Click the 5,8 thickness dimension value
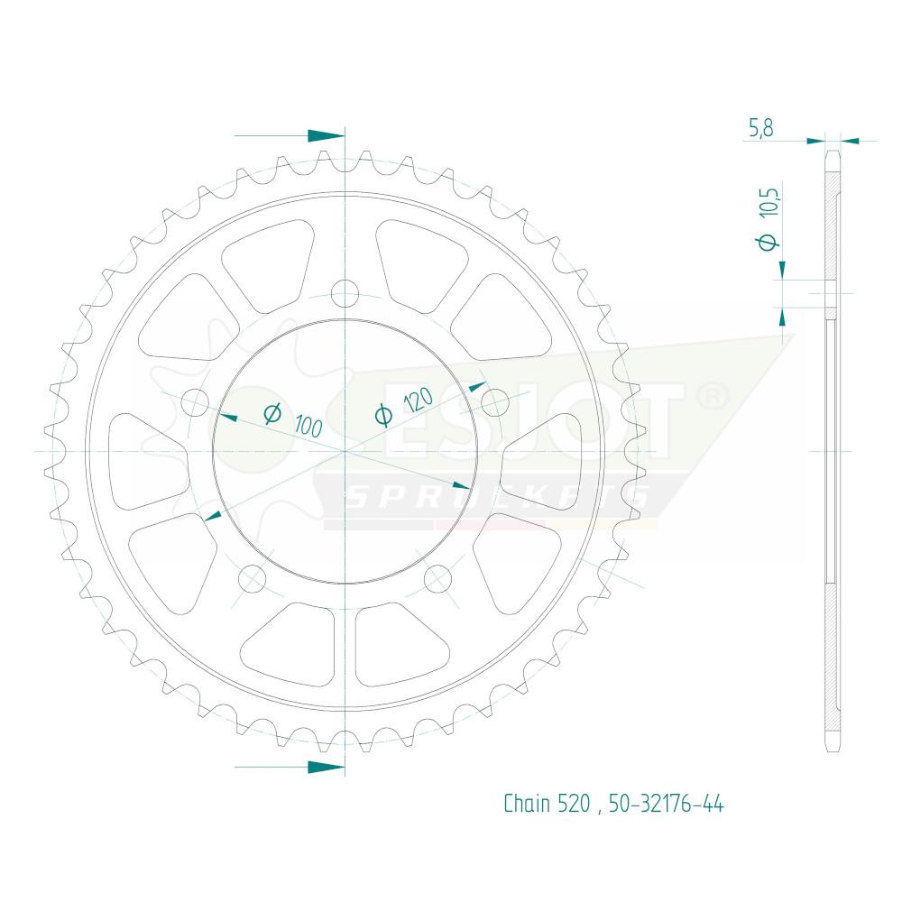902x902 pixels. (760, 128)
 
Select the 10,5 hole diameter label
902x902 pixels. (769, 202)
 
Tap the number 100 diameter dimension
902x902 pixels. (308, 427)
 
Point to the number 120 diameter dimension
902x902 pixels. (419, 400)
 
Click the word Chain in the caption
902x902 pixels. (527, 803)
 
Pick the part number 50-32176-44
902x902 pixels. (667, 803)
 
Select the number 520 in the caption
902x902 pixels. (574, 803)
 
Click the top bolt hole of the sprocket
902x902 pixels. (345, 293)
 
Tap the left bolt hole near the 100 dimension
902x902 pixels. (195, 402)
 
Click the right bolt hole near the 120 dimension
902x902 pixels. (494, 402)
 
